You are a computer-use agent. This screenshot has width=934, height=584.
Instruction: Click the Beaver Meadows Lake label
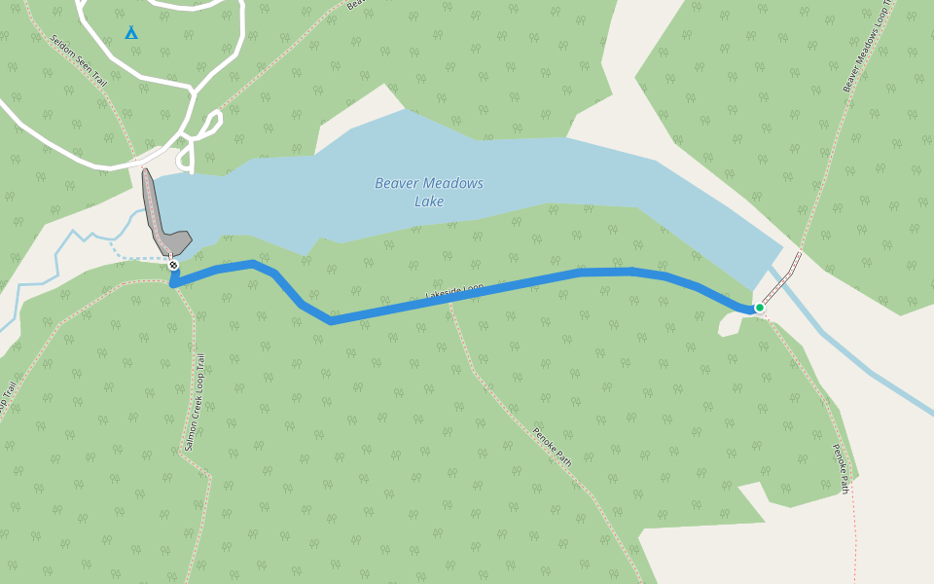tap(429, 192)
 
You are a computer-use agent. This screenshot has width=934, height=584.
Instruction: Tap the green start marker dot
tap(760, 308)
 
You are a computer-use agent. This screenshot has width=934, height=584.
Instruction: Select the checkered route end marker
tap(173, 265)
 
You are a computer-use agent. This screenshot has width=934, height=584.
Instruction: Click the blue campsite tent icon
tap(131, 33)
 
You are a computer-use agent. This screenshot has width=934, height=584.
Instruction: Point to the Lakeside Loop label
tap(454, 292)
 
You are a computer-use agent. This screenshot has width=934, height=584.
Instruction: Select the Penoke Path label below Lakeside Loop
tap(552, 447)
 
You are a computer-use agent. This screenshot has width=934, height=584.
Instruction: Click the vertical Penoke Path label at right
tap(840, 468)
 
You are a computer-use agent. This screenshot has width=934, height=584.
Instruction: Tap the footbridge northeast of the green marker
tap(781, 278)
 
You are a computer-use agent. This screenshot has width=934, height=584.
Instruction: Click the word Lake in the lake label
tap(429, 201)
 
